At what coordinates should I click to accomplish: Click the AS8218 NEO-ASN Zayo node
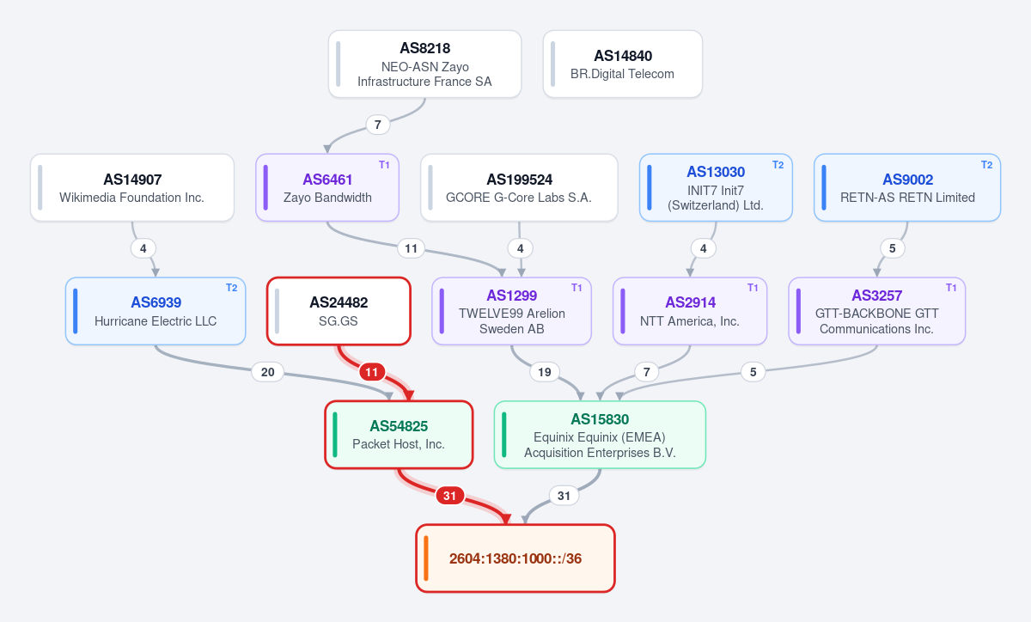click(x=424, y=64)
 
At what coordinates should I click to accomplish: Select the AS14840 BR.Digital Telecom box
click(x=623, y=64)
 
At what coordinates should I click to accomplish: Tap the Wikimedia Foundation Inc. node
click(x=132, y=188)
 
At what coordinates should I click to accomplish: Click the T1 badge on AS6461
click(x=384, y=165)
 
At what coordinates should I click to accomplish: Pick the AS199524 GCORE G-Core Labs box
click(x=519, y=188)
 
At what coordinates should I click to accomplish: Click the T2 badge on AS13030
click(x=778, y=165)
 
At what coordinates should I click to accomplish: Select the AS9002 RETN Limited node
click(x=907, y=188)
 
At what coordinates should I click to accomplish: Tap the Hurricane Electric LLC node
click(x=156, y=311)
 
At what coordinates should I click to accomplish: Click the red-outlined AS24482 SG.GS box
click(x=339, y=311)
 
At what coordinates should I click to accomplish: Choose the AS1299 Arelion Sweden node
click(x=511, y=311)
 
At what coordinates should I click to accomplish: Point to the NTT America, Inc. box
click(x=690, y=311)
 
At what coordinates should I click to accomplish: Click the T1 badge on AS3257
click(x=951, y=288)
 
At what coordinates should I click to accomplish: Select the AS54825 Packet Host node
click(x=399, y=435)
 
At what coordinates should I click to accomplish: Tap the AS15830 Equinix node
click(x=601, y=435)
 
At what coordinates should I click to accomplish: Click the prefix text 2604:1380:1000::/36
click(x=515, y=558)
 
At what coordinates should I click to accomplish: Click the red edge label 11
click(x=372, y=372)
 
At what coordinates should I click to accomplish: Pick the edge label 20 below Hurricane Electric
click(x=268, y=372)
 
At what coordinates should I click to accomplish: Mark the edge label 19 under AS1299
click(x=545, y=372)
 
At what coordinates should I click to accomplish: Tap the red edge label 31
click(x=449, y=496)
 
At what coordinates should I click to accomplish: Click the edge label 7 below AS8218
click(x=378, y=125)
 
